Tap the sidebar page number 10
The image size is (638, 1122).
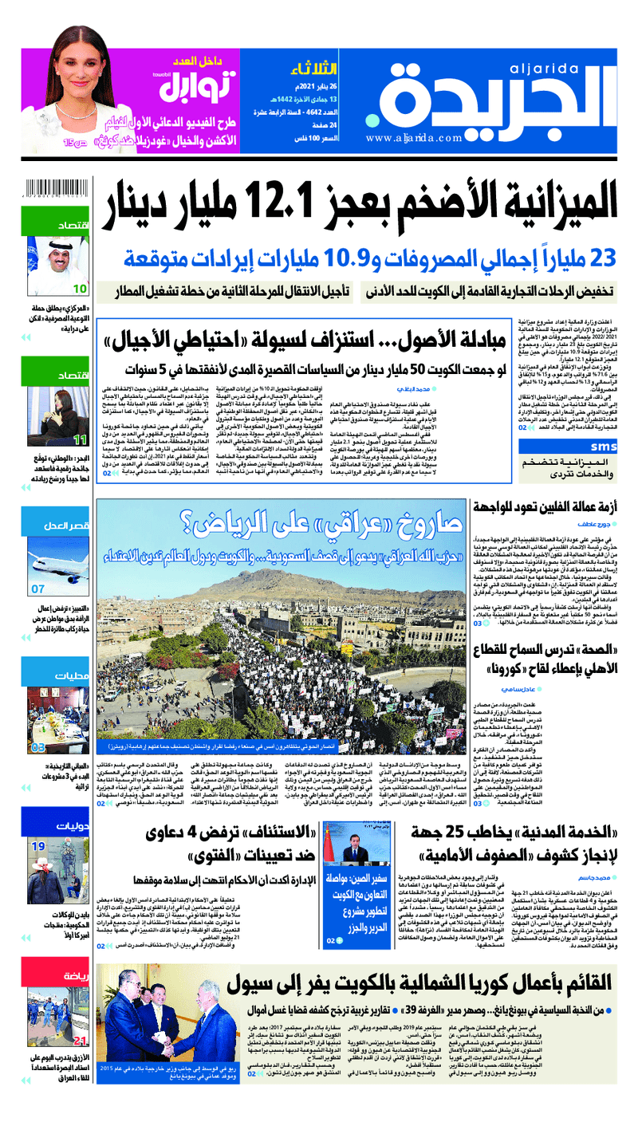pos(81,289)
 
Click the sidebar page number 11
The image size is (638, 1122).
pos(80,439)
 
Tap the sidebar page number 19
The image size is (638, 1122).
pos(38,846)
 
